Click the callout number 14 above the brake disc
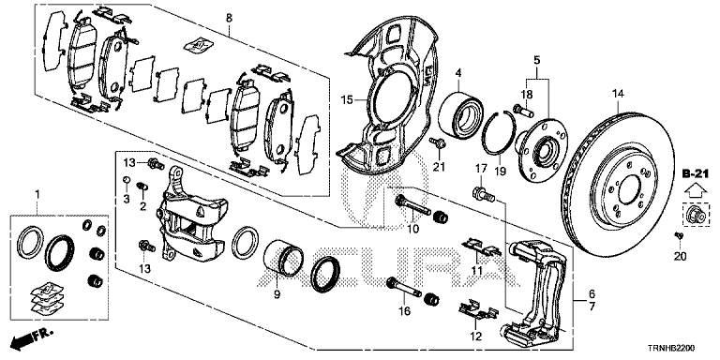point(618,94)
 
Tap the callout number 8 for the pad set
point(229,18)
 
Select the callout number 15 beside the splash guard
point(347,99)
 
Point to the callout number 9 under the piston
point(277,294)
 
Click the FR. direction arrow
point(32,337)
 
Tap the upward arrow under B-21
point(694,189)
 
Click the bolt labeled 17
point(483,194)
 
